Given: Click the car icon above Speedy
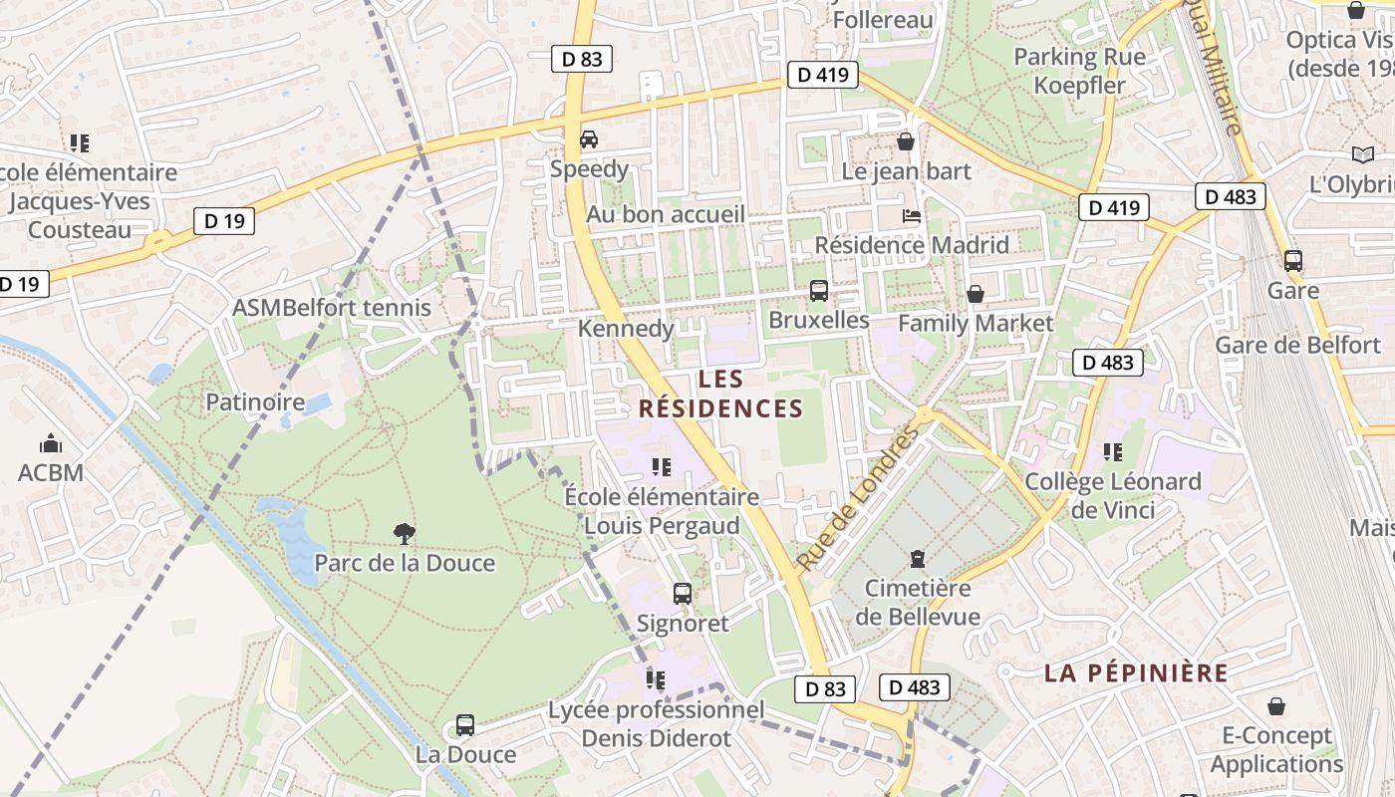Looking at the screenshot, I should pyautogui.click(x=589, y=139).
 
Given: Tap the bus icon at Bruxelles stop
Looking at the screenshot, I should pyautogui.click(x=819, y=291).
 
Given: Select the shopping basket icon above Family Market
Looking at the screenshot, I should pyautogui.click(x=976, y=294).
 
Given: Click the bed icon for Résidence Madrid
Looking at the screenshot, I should pyautogui.click(x=911, y=215).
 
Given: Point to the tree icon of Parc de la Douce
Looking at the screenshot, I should pyautogui.click(x=405, y=534).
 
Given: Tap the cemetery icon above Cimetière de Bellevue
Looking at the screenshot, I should pyautogui.click(x=918, y=558).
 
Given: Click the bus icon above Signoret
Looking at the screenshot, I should pyautogui.click(x=683, y=594).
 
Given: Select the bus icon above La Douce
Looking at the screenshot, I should pyautogui.click(x=465, y=725).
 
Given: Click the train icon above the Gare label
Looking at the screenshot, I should pyautogui.click(x=1293, y=261).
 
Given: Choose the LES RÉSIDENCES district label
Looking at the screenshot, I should pyautogui.click(x=720, y=394).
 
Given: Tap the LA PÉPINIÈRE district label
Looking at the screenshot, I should pyautogui.click(x=1136, y=672).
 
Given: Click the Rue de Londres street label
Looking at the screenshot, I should pyautogui.click(x=857, y=500).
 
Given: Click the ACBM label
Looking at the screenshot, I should pyautogui.click(x=51, y=472).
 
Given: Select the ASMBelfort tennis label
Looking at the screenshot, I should pyautogui.click(x=332, y=308).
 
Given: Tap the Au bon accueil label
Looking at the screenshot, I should pyautogui.click(x=666, y=214).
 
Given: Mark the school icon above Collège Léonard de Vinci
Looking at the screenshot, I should pyautogui.click(x=1113, y=452).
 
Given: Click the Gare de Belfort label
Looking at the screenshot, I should pyautogui.click(x=1297, y=346).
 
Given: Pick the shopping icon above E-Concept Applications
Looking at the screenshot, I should pyautogui.click(x=1276, y=706).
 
